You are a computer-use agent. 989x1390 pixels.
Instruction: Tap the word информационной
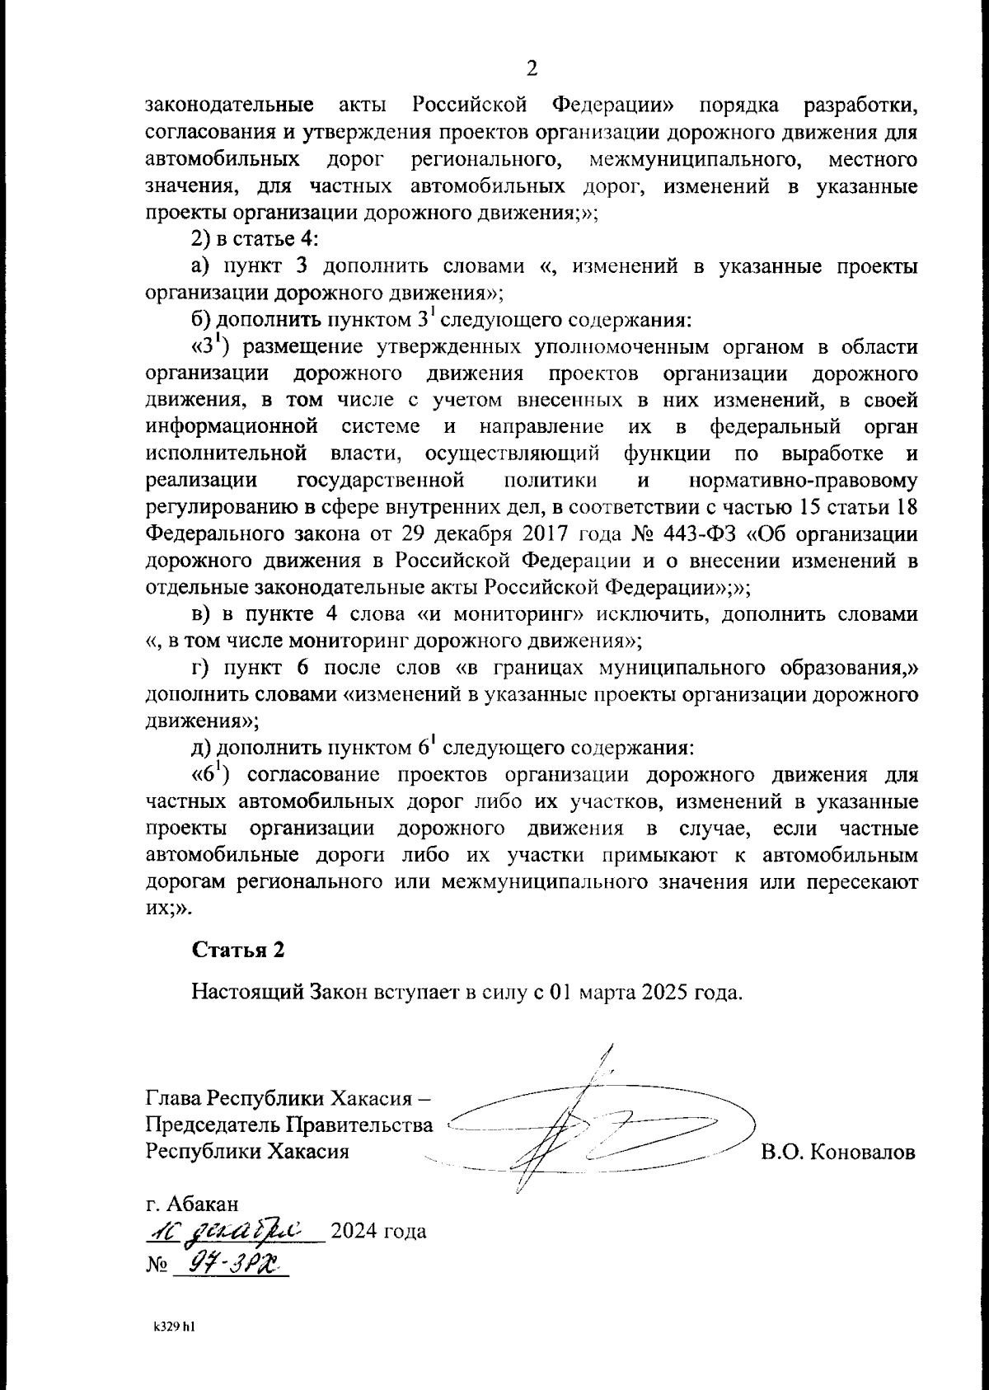tap(232, 427)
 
